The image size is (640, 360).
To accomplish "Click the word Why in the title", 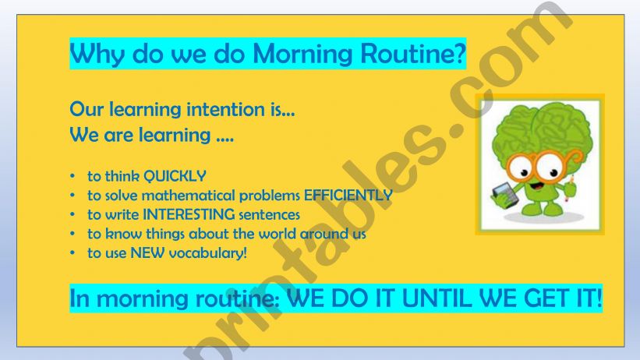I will point(92,54).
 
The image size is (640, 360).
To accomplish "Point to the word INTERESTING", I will point(167,214).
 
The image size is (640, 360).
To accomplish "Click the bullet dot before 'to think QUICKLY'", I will point(73,177).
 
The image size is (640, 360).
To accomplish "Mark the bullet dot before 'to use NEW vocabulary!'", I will point(73,253).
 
